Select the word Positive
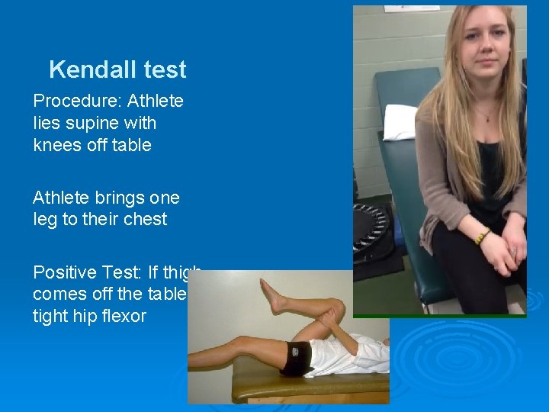point(64,272)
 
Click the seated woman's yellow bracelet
point(482,237)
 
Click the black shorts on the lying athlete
point(297,359)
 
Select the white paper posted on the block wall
point(411,8)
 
